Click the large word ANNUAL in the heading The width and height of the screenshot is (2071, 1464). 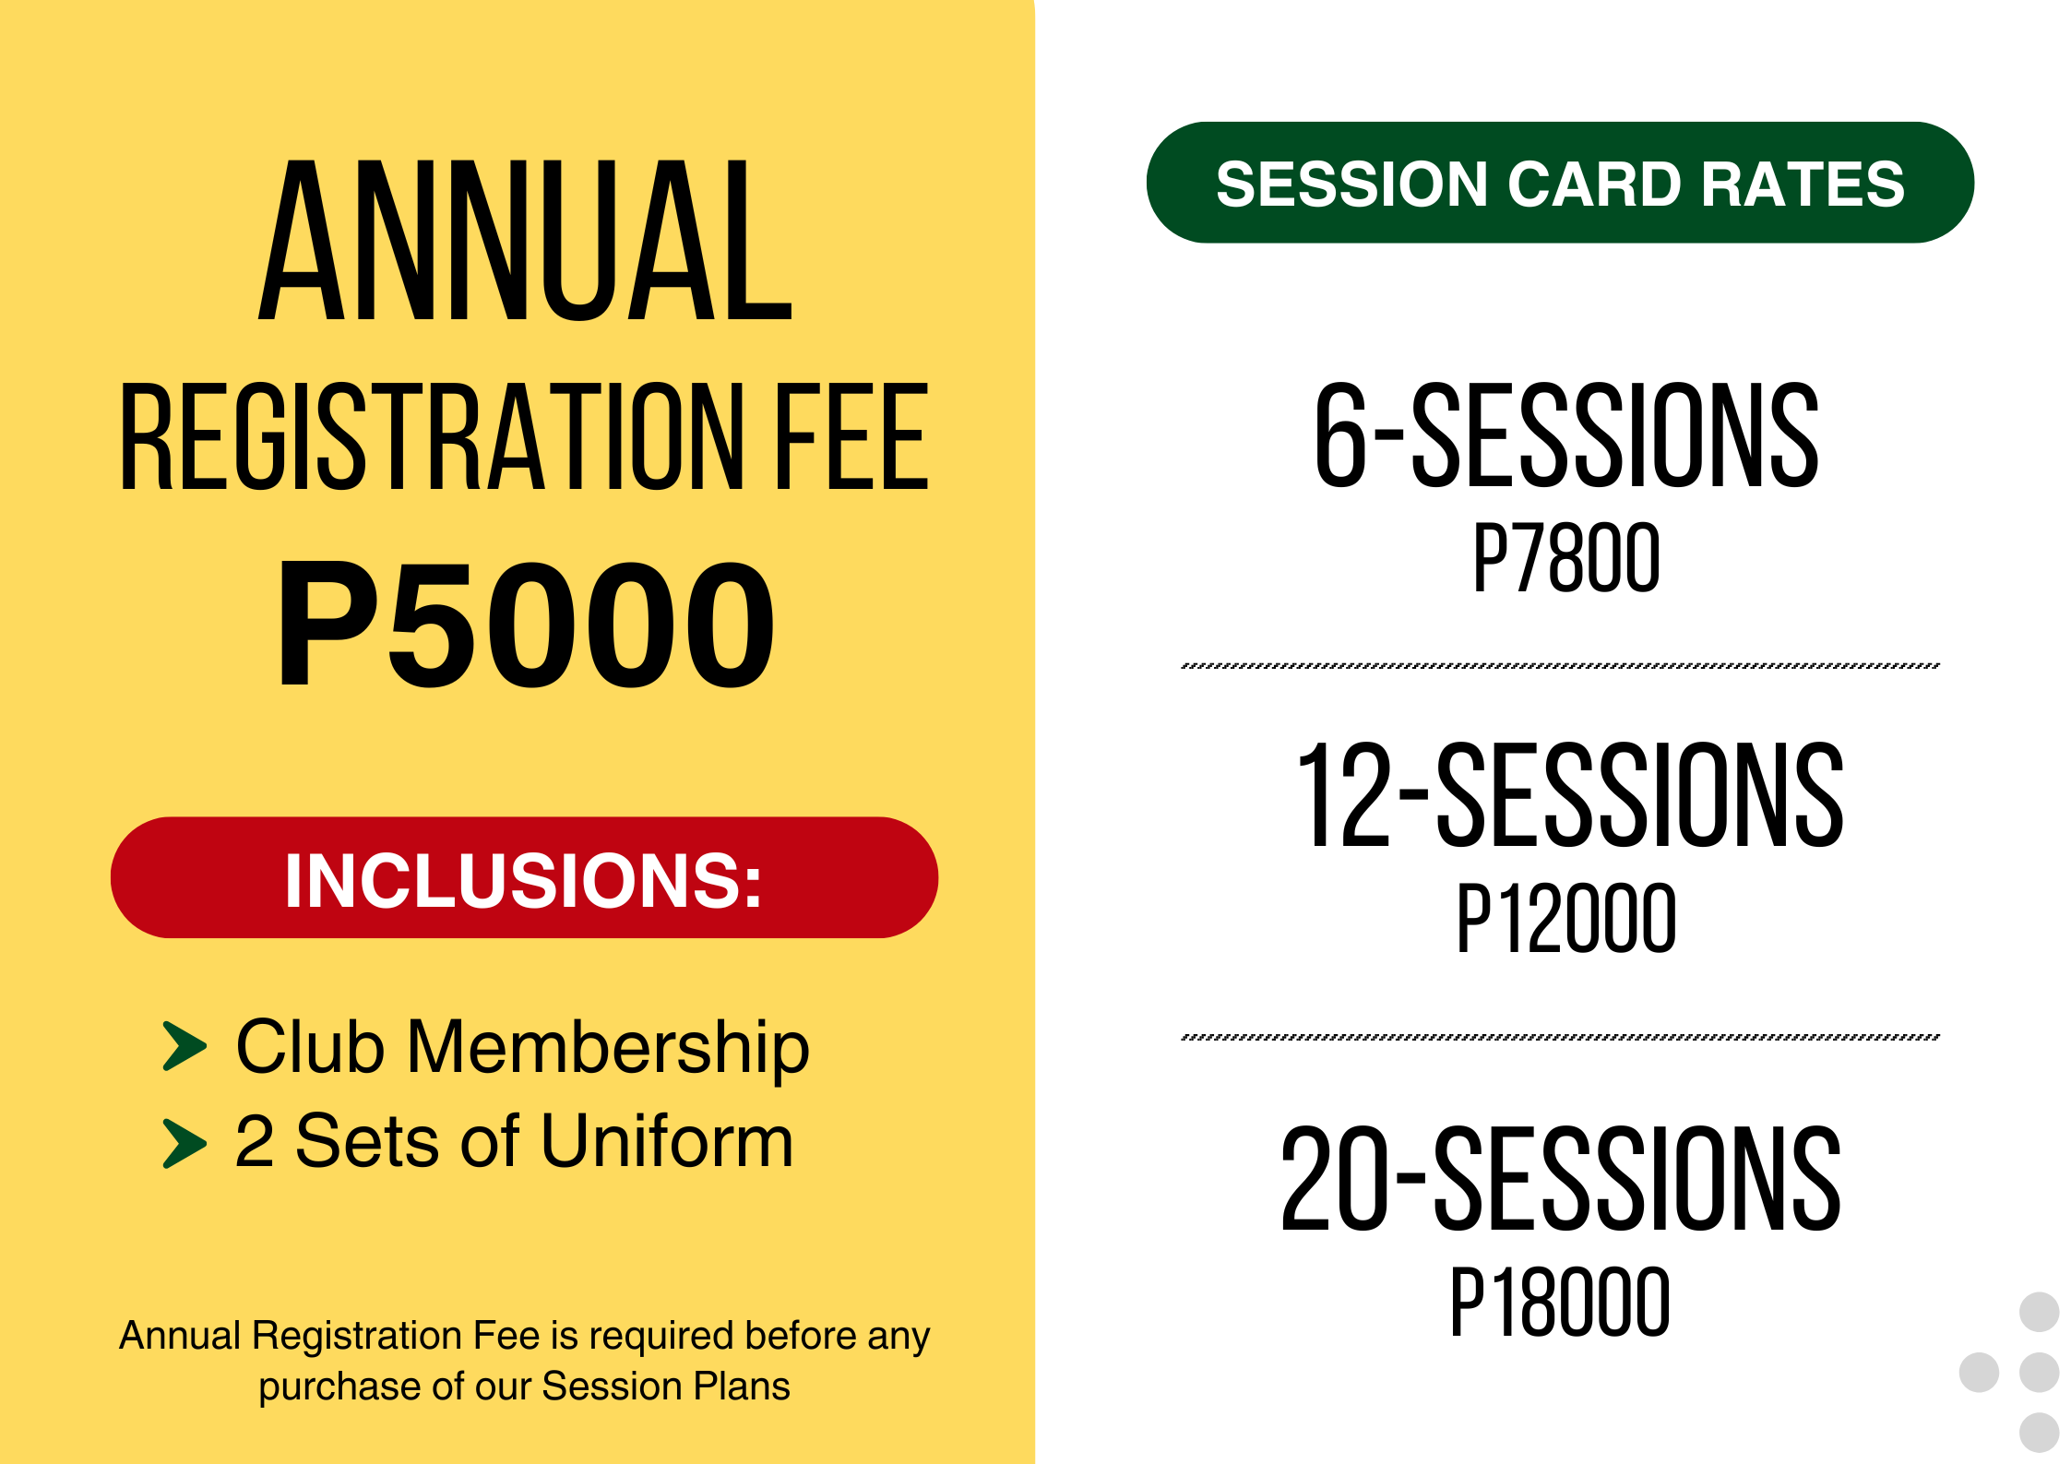pos(524,242)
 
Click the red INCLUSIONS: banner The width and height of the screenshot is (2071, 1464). pos(524,878)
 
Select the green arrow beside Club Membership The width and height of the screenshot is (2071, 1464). pos(184,1046)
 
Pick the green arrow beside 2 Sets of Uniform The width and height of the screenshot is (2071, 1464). pos(184,1143)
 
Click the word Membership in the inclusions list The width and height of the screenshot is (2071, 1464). pos(608,1048)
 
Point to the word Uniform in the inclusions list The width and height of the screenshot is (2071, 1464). pos(666,1142)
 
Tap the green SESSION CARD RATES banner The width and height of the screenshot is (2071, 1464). pos(1560,183)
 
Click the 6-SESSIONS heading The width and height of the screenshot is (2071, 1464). pos(1566,435)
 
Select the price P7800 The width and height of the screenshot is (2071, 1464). pos(1566,557)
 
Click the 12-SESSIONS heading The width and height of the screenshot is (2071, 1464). pos(1570,796)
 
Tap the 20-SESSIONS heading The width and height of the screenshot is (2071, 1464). pos(1561,1180)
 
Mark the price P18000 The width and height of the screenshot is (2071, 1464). pos(1560,1302)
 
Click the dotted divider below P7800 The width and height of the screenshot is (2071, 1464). pos(1560,665)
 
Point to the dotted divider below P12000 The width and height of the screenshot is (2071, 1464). pos(1560,1037)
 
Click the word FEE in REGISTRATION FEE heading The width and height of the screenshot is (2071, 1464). pos(851,437)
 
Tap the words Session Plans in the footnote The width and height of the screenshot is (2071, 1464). pos(665,1386)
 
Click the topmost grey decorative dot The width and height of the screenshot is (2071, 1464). pos(2039,1312)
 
